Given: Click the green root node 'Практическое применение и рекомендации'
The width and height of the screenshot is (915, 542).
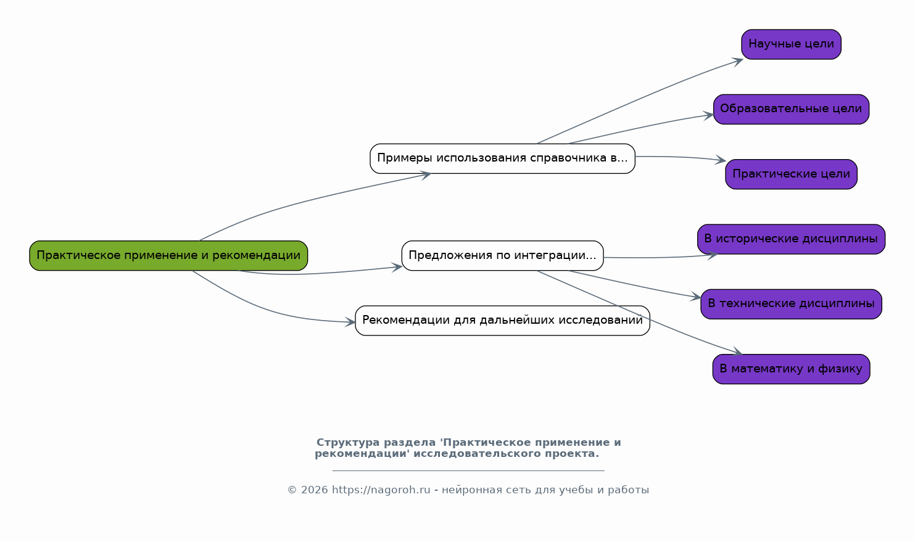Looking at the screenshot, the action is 168,255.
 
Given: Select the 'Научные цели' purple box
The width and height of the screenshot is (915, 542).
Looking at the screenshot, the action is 791,44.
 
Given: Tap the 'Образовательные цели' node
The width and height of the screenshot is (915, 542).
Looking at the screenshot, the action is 791,109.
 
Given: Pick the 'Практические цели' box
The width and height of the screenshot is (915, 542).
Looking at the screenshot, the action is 791,175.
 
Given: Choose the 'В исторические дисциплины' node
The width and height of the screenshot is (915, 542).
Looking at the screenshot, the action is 791,239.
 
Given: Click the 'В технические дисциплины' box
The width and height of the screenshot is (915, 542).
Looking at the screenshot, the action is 791,304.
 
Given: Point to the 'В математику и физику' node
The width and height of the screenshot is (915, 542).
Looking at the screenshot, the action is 791,369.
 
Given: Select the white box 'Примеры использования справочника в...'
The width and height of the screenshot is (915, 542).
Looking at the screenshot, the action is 502,158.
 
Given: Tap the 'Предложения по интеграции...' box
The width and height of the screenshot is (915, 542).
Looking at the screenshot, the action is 502,255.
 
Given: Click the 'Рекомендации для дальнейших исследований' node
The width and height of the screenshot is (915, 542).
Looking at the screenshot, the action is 502,321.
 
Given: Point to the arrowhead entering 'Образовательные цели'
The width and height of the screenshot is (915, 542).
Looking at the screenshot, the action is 708,115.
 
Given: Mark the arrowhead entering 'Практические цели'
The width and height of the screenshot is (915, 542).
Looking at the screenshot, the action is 721,160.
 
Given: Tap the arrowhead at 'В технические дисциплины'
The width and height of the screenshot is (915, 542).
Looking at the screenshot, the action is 695,297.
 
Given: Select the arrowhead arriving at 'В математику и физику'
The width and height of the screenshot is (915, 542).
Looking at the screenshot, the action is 737,351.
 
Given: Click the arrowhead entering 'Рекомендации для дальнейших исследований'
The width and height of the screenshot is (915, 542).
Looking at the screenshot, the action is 350,322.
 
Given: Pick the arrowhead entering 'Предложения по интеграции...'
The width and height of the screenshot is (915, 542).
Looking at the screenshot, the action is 397,268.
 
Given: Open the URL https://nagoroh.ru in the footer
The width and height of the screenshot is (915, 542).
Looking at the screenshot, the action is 381,490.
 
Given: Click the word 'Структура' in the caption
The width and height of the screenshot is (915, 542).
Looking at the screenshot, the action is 348,442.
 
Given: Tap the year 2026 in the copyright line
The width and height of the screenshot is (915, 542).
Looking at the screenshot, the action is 315,490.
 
